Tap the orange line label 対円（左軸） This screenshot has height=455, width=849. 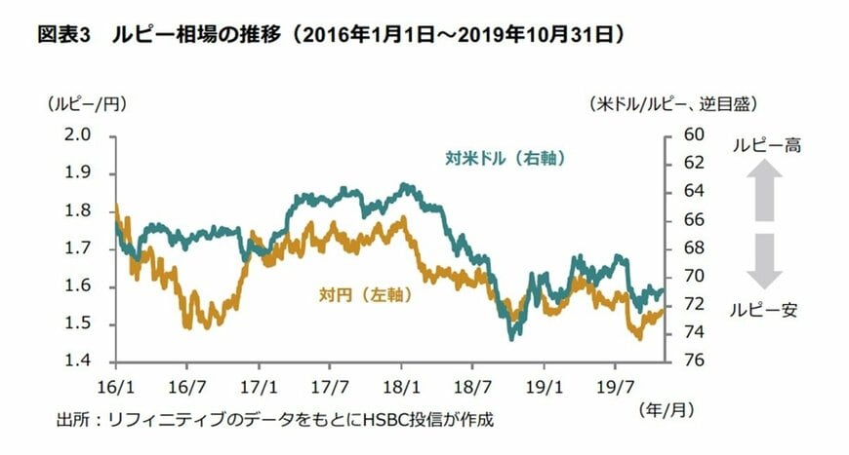(363, 292)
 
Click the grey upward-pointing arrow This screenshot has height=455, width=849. (765, 191)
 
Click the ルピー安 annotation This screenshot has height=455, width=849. (766, 311)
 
